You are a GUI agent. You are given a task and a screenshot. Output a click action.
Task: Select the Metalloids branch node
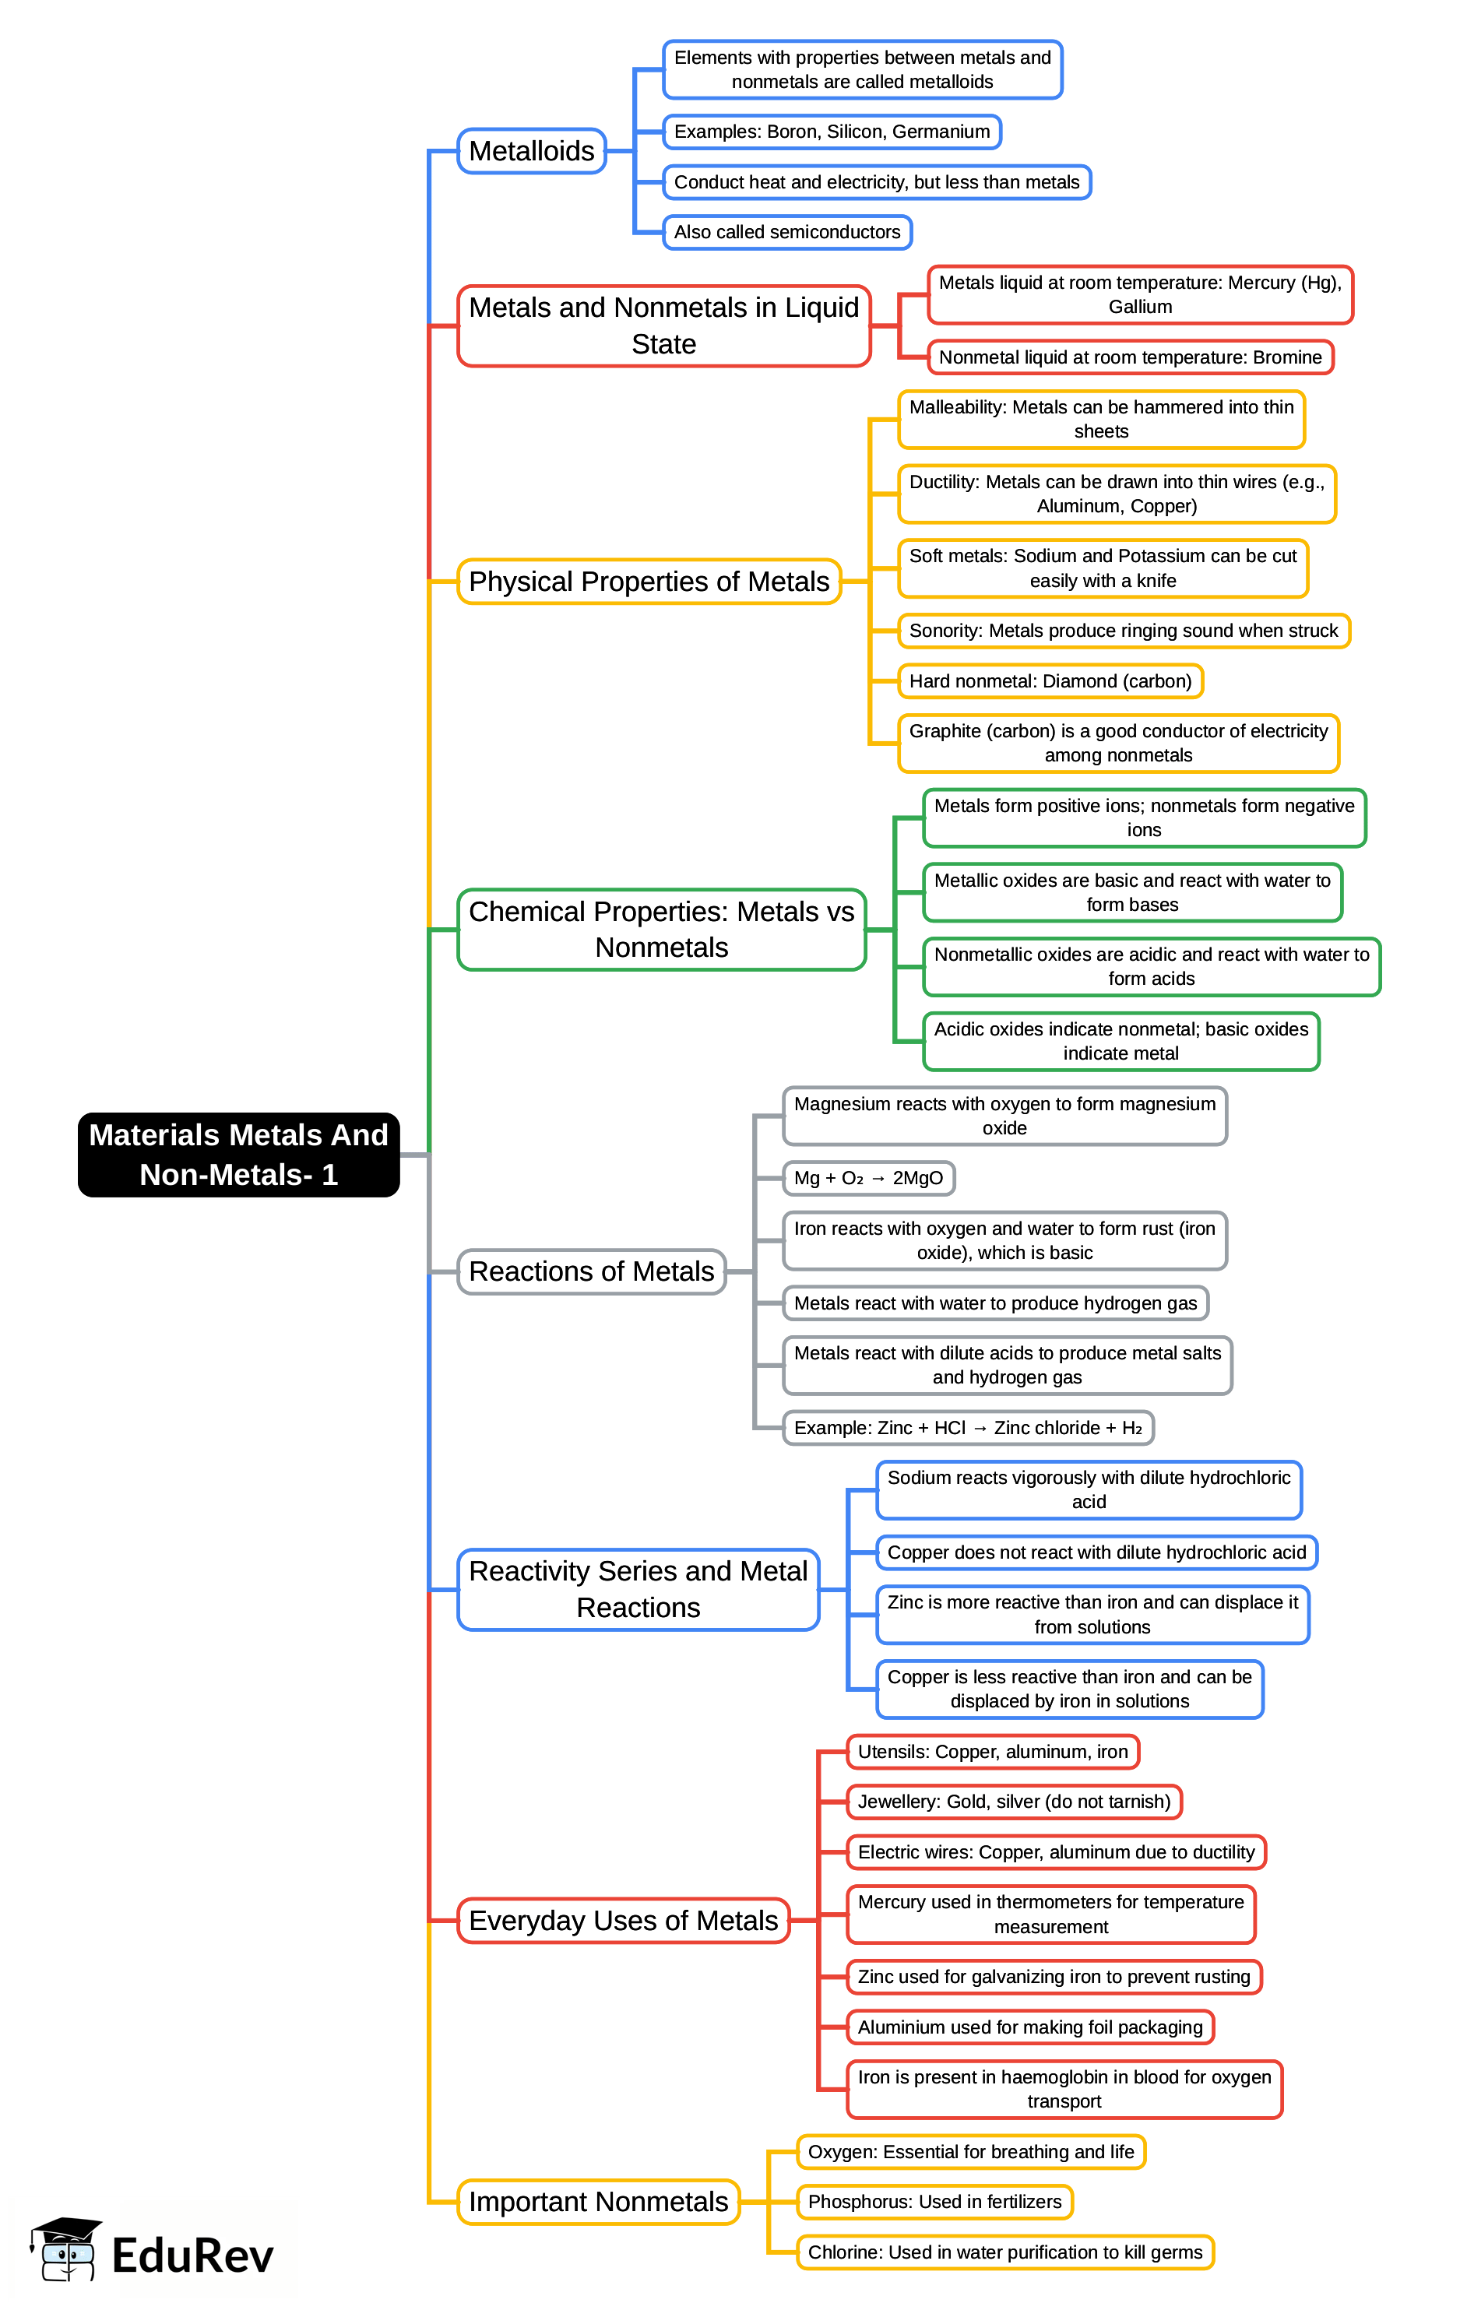click(531, 150)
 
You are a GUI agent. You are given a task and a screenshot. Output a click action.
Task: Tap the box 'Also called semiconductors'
click(786, 232)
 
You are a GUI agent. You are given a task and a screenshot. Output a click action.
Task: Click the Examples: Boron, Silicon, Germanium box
click(832, 132)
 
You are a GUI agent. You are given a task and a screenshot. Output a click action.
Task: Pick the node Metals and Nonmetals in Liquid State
click(663, 325)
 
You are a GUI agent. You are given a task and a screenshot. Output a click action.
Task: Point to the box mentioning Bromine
click(1129, 357)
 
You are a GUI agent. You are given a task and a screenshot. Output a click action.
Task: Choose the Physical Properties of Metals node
click(649, 582)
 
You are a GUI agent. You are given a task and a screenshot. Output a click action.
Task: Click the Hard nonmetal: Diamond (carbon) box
click(1050, 681)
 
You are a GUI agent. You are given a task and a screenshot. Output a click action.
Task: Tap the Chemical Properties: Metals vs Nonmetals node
click(661, 929)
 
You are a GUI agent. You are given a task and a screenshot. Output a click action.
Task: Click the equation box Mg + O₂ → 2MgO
click(868, 1178)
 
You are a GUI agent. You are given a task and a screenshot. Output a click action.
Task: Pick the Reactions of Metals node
click(591, 1271)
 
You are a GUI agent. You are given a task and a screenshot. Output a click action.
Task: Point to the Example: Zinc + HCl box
click(967, 1427)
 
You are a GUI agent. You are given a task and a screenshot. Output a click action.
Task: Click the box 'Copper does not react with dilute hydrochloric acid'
click(1096, 1552)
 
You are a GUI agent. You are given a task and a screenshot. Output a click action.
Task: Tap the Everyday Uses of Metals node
click(623, 1921)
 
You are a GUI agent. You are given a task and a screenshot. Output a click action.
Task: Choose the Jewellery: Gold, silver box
click(1013, 1802)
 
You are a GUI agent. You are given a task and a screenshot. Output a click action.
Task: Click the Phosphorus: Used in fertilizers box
click(934, 2202)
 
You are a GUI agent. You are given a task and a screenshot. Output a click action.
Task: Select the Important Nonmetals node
click(597, 2202)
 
